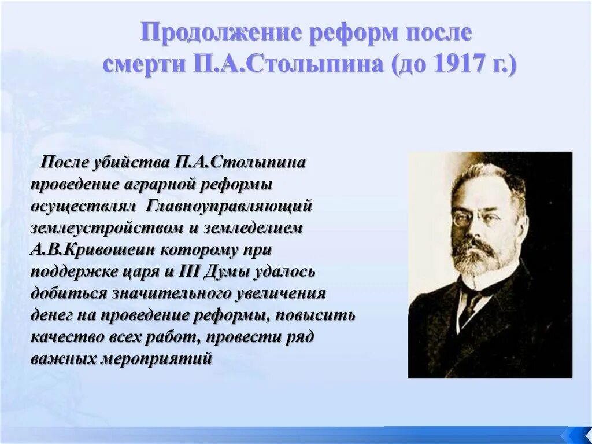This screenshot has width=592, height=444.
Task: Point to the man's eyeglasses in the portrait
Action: point(474,218)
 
